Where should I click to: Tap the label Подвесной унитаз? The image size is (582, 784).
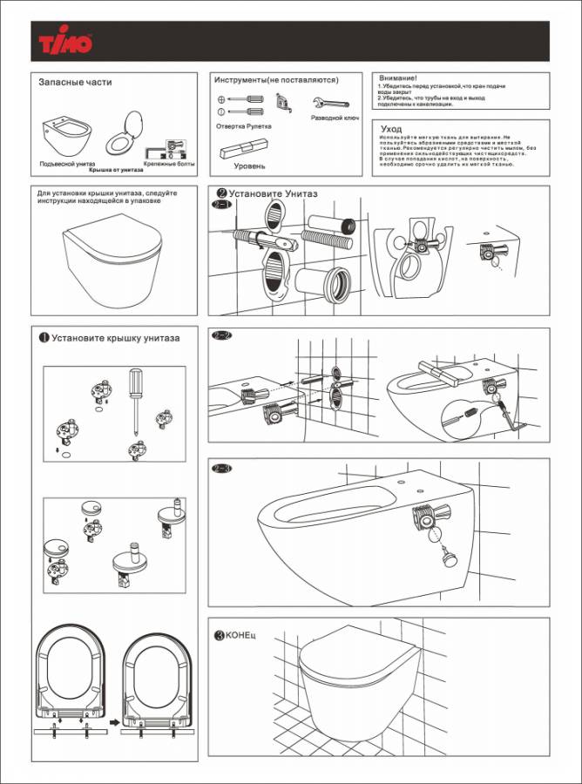pyautogui.click(x=67, y=164)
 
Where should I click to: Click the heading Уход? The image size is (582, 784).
pyautogui.click(x=391, y=129)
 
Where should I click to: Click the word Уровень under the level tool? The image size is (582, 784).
pyautogui.click(x=249, y=166)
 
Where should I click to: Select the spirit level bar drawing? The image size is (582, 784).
pyautogui.click(x=247, y=147)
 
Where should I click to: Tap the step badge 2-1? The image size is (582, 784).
pyautogui.click(x=221, y=206)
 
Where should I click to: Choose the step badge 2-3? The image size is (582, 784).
pyautogui.click(x=222, y=469)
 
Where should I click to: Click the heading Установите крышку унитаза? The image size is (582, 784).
pyautogui.click(x=115, y=338)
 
